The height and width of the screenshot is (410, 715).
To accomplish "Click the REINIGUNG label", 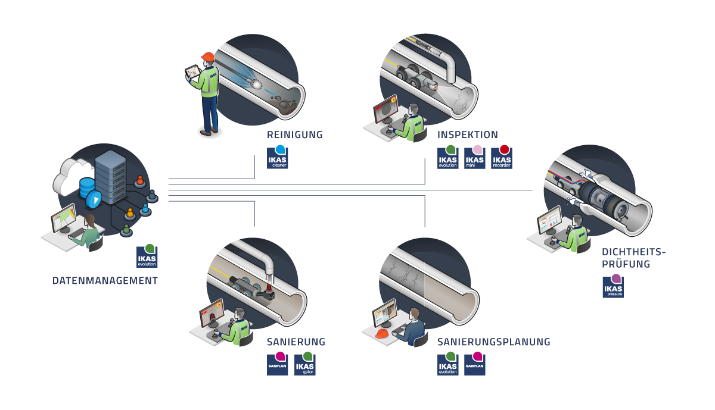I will (295, 135).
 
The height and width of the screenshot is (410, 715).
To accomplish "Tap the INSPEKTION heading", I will (468, 135).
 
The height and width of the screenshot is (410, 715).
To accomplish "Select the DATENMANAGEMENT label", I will (105, 281).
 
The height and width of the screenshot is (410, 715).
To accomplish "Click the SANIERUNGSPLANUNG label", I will (493, 342).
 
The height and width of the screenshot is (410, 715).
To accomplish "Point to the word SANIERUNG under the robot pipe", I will (296, 342).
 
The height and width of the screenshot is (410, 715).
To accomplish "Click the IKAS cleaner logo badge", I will (278, 158).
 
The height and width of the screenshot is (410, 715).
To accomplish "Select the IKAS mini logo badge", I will (475, 158).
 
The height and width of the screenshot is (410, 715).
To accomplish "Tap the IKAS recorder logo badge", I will (502, 158).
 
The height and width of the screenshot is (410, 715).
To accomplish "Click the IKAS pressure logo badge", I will (613, 287).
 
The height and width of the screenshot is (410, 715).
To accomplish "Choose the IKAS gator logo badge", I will (304, 364).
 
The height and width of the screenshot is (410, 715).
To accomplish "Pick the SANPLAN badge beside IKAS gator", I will (278, 364).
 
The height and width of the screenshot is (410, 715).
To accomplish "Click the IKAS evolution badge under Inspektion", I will (448, 158).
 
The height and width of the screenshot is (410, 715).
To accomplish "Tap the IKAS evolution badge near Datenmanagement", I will (147, 256).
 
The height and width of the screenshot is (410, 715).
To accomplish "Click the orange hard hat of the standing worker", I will (207, 57).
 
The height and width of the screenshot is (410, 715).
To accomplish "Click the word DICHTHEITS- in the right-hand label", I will (633, 251).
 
